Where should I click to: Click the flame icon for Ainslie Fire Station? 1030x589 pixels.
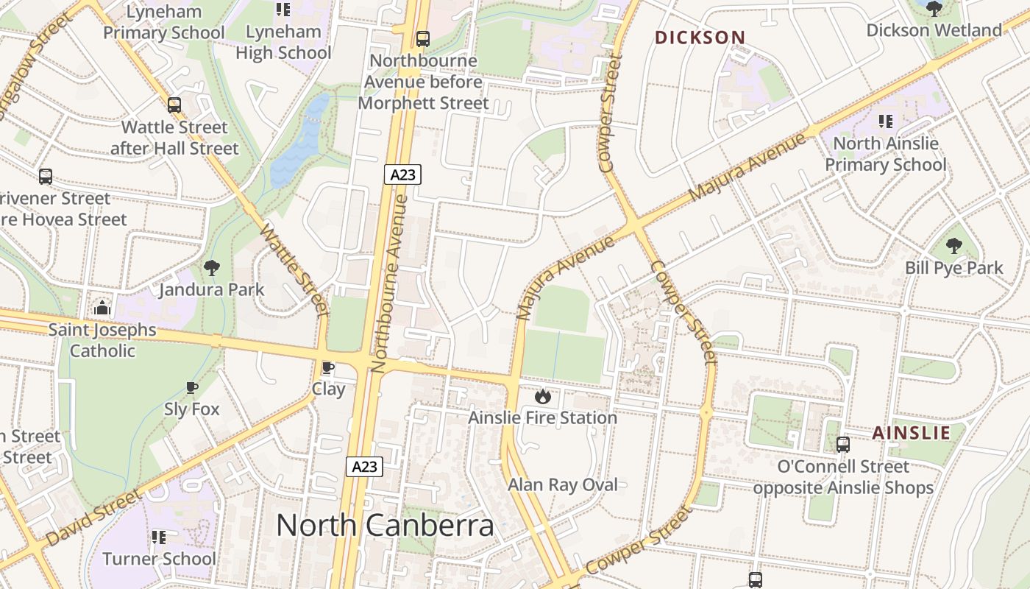(x=543, y=397)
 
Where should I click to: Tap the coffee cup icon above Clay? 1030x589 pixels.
(x=328, y=367)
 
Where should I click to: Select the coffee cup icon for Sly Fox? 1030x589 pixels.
(x=192, y=387)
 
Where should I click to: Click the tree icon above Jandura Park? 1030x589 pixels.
(x=212, y=268)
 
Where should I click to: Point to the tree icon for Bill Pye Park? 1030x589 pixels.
(x=953, y=246)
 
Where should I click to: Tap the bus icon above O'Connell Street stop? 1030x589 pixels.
(x=843, y=445)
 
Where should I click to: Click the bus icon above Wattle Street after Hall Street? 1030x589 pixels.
(x=174, y=105)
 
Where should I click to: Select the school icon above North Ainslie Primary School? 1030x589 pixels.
(x=886, y=121)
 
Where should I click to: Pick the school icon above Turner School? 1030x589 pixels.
(x=159, y=537)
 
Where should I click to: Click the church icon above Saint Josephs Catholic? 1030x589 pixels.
(x=102, y=307)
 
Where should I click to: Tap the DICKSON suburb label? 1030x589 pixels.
(x=700, y=38)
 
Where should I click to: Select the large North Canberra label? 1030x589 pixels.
(x=385, y=526)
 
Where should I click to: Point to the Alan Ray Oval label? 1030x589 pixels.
(x=563, y=484)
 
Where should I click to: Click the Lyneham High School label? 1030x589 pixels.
(x=283, y=42)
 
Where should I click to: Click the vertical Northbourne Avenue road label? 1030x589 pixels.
(x=390, y=283)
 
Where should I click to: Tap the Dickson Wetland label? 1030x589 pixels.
(x=934, y=30)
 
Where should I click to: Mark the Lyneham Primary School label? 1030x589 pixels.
(x=164, y=22)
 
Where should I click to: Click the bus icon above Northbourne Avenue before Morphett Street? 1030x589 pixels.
(x=423, y=38)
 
